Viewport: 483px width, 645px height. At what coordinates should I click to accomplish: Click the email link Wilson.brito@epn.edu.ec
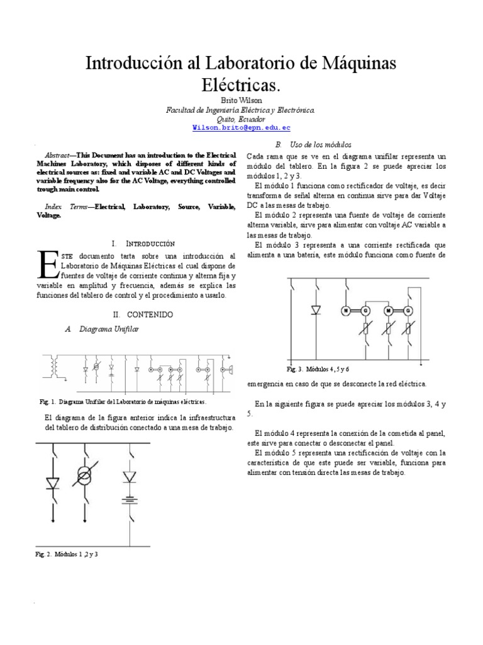(x=241, y=127)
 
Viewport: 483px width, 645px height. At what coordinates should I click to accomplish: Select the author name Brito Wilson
(x=241, y=100)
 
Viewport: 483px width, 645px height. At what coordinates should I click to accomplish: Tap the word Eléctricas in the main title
(x=241, y=84)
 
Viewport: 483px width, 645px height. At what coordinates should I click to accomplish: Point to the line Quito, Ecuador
(x=241, y=118)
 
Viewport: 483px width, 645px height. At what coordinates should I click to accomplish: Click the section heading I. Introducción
(x=142, y=243)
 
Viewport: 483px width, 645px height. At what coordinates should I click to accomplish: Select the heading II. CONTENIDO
(x=142, y=314)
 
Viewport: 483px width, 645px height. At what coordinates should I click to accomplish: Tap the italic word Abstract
(x=59, y=155)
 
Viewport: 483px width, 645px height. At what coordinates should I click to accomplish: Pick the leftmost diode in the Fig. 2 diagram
(x=53, y=482)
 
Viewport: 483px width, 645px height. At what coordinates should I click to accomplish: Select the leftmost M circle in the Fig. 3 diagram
(x=345, y=311)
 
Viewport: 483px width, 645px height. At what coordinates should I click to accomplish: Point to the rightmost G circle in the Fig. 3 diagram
(x=409, y=311)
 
